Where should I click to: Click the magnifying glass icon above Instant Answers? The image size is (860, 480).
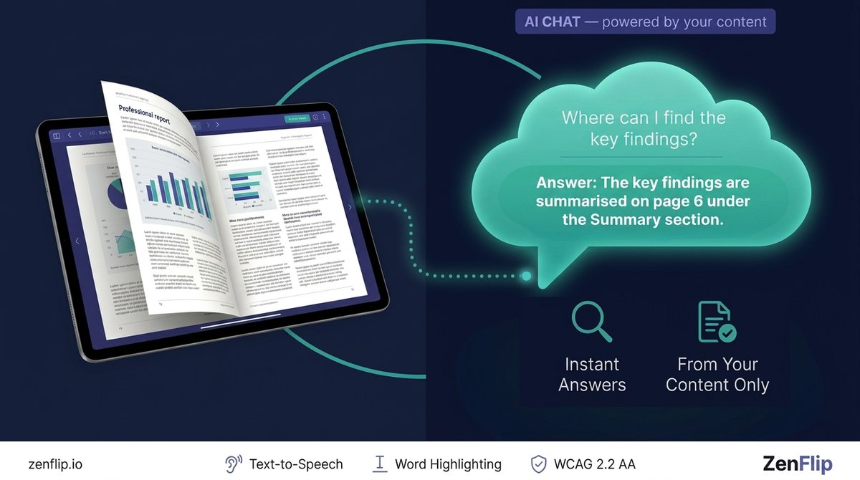pos(591,322)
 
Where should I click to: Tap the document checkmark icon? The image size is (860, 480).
pos(716,322)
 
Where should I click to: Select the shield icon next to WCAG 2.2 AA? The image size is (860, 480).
pos(538,464)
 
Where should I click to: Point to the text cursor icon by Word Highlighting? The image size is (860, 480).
pos(380,464)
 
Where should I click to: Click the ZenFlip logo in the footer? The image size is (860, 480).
pos(797,464)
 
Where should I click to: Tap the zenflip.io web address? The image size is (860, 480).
pos(55,464)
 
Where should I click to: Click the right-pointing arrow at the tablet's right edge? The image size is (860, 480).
pos(350,208)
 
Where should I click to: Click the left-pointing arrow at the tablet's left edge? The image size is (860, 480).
pos(77,241)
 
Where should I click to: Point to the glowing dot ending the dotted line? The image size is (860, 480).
pos(527,276)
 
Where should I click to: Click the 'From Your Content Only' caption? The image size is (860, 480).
pos(717,374)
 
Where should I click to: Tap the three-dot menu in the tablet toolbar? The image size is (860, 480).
pos(324,117)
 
